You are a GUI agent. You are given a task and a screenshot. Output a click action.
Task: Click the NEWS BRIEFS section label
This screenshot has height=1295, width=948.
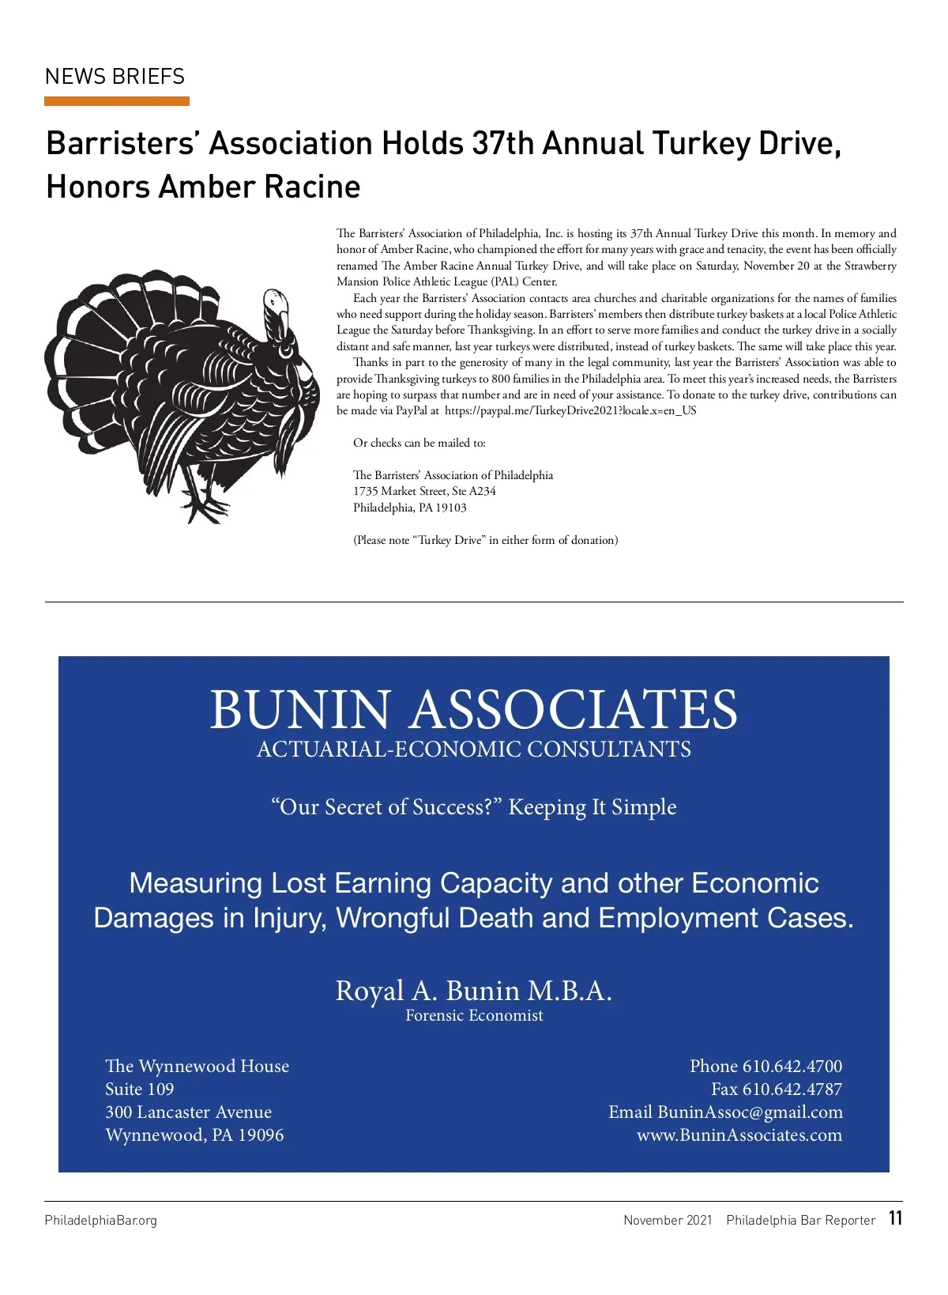click(115, 77)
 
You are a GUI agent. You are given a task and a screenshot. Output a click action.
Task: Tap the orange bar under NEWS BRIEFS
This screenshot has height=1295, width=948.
click(117, 101)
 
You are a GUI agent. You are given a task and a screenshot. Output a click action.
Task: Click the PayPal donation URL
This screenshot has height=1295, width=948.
click(570, 411)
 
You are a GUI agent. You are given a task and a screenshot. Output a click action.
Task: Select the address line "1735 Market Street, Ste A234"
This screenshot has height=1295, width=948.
click(424, 491)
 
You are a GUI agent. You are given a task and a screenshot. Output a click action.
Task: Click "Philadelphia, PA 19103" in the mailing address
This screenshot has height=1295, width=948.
click(409, 508)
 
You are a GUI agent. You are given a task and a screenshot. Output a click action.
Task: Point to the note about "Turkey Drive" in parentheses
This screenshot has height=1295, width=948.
click(485, 540)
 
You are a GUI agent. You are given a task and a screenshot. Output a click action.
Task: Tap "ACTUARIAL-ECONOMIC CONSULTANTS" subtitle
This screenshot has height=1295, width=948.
click(474, 749)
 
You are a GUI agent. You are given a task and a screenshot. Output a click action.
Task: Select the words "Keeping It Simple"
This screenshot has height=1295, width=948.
click(592, 807)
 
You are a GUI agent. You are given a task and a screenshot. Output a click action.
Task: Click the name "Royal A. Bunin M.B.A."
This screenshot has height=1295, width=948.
click(474, 990)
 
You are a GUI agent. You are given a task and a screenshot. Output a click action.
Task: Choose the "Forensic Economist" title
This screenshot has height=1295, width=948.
click(474, 1016)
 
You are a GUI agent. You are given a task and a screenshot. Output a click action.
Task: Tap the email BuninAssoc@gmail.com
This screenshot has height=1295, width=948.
click(750, 1112)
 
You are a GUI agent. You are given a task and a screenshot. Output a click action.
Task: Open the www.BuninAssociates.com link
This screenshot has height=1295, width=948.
click(739, 1135)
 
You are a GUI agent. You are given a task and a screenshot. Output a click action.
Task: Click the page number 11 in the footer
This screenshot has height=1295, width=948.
click(895, 1218)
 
